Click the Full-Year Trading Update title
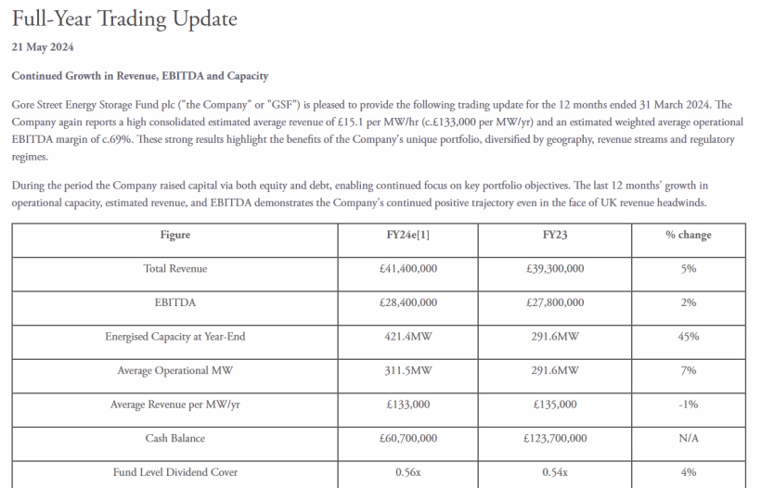124,19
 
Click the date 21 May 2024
43,47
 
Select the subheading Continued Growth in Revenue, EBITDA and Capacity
139,74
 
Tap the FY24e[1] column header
408,235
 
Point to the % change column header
688,235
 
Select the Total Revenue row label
175,268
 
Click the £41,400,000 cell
408,268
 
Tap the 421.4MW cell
408,337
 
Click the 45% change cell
688,337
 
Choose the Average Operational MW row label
175,370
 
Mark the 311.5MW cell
408,370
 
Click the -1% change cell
688,405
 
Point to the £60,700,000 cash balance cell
408,438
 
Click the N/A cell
688,438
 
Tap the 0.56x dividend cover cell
408,472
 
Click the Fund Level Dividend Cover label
175,472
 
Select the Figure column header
175,235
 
